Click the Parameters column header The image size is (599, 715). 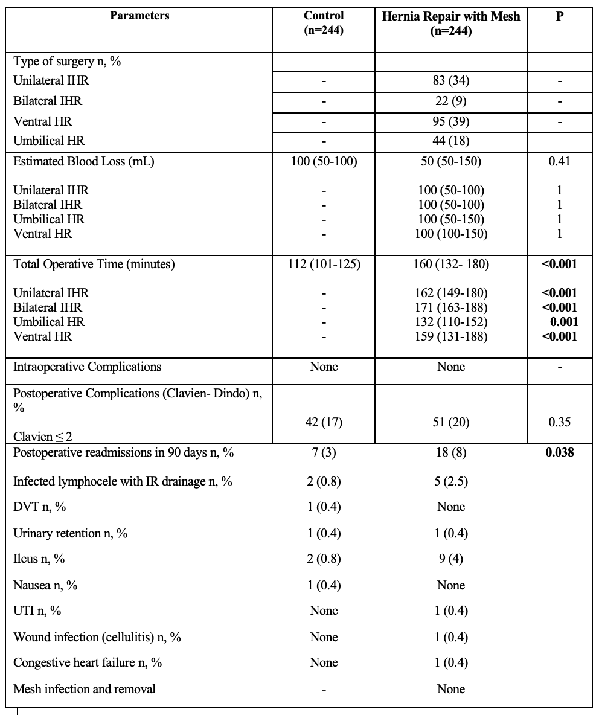tap(139, 16)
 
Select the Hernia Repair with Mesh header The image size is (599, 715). tap(451, 23)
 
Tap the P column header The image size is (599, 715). tap(560, 16)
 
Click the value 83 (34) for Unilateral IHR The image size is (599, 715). tap(451, 81)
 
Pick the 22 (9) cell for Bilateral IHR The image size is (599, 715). tap(451, 101)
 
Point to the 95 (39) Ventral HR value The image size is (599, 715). tap(451, 121)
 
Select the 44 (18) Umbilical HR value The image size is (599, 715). tap(451, 141)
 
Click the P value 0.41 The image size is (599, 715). tap(560, 161)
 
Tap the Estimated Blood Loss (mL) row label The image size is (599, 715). tap(84, 161)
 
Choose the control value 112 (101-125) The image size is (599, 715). tap(324, 264)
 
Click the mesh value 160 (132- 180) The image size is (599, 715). tap(451, 264)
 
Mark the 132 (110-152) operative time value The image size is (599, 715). tap(451, 322)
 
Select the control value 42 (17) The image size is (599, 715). tap(324, 423)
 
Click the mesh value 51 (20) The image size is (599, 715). tap(451, 423)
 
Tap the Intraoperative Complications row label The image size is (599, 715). tap(88, 367)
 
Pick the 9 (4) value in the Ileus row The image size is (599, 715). tap(451, 559)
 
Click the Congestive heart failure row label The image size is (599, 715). tap(88, 662)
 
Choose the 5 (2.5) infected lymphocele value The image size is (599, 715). tap(451, 481)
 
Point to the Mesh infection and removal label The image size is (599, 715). tap(84, 689)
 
